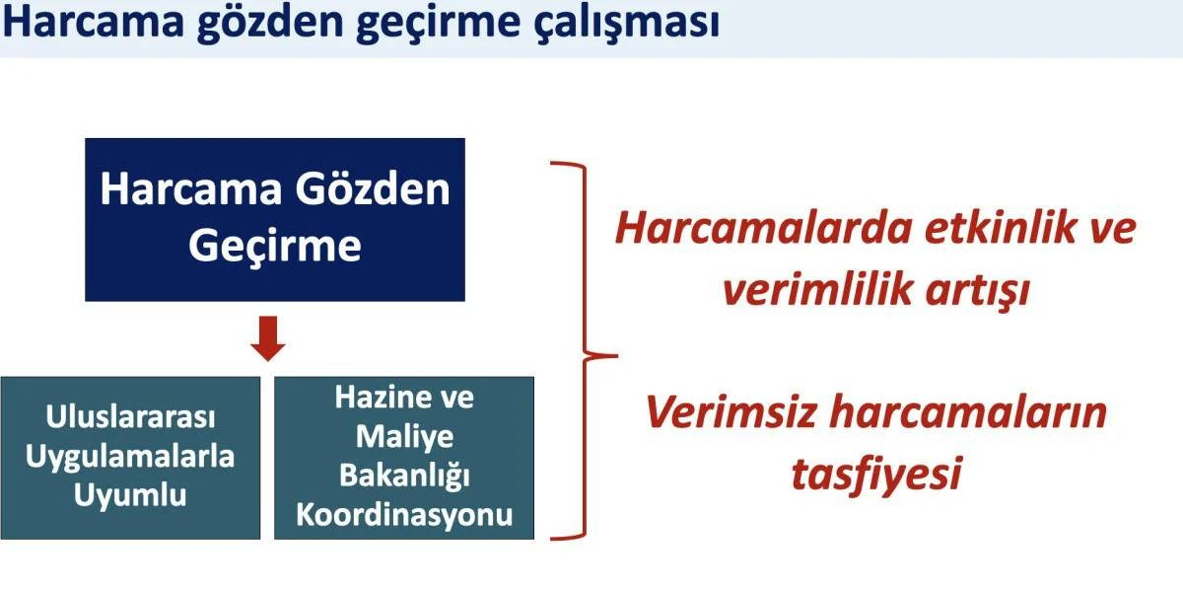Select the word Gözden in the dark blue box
(373, 189)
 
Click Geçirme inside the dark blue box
(275, 247)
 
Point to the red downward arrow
(268, 338)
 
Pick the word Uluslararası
(130, 416)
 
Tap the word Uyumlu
(130, 496)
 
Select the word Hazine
(382, 397)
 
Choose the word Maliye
(404, 438)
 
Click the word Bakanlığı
(404, 476)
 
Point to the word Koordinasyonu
(404, 514)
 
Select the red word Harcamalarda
(764, 229)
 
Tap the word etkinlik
(1001, 227)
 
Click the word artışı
(978, 291)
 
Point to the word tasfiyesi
(876, 474)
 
